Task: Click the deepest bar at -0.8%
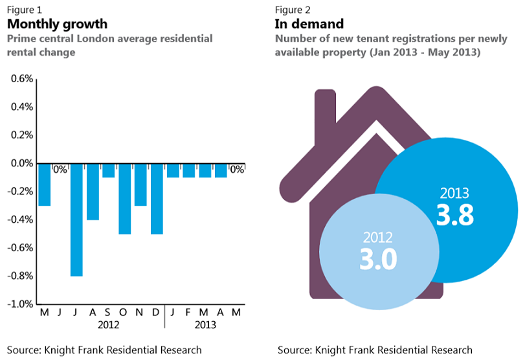tap(76, 219)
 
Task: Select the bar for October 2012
tap(125, 199)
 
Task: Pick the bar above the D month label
tap(157, 199)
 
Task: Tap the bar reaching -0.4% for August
tap(93, 192)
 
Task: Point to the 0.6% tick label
tap(21, 79)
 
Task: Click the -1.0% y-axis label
tap(20, 304)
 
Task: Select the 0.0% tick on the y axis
tap(21, 163)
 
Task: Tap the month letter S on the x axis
tap(108, 311)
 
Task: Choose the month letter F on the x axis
tap(189, 311)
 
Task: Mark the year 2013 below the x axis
tap(205, 325)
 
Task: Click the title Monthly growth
tap(57, 24)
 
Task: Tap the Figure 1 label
tap(26, 9)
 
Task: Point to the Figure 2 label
tap(293, 9)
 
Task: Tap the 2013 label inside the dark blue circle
tap(454, 193)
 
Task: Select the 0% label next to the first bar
tap(60, 170)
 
